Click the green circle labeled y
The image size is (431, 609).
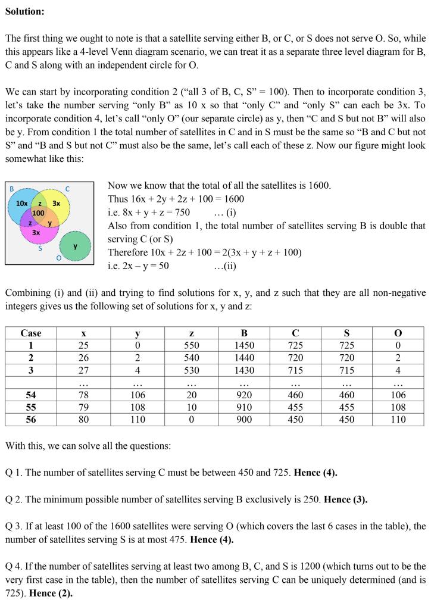76,246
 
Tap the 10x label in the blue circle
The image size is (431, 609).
22,203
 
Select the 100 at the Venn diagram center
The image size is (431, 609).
38,213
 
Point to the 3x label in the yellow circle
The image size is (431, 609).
56,203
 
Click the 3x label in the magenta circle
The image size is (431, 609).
36,232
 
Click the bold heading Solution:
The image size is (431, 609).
24,11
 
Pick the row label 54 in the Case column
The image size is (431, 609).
31,395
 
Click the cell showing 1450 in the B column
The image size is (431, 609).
244,345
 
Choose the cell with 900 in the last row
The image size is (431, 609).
244,420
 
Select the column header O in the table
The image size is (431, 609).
398,333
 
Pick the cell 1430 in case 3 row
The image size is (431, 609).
244,370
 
